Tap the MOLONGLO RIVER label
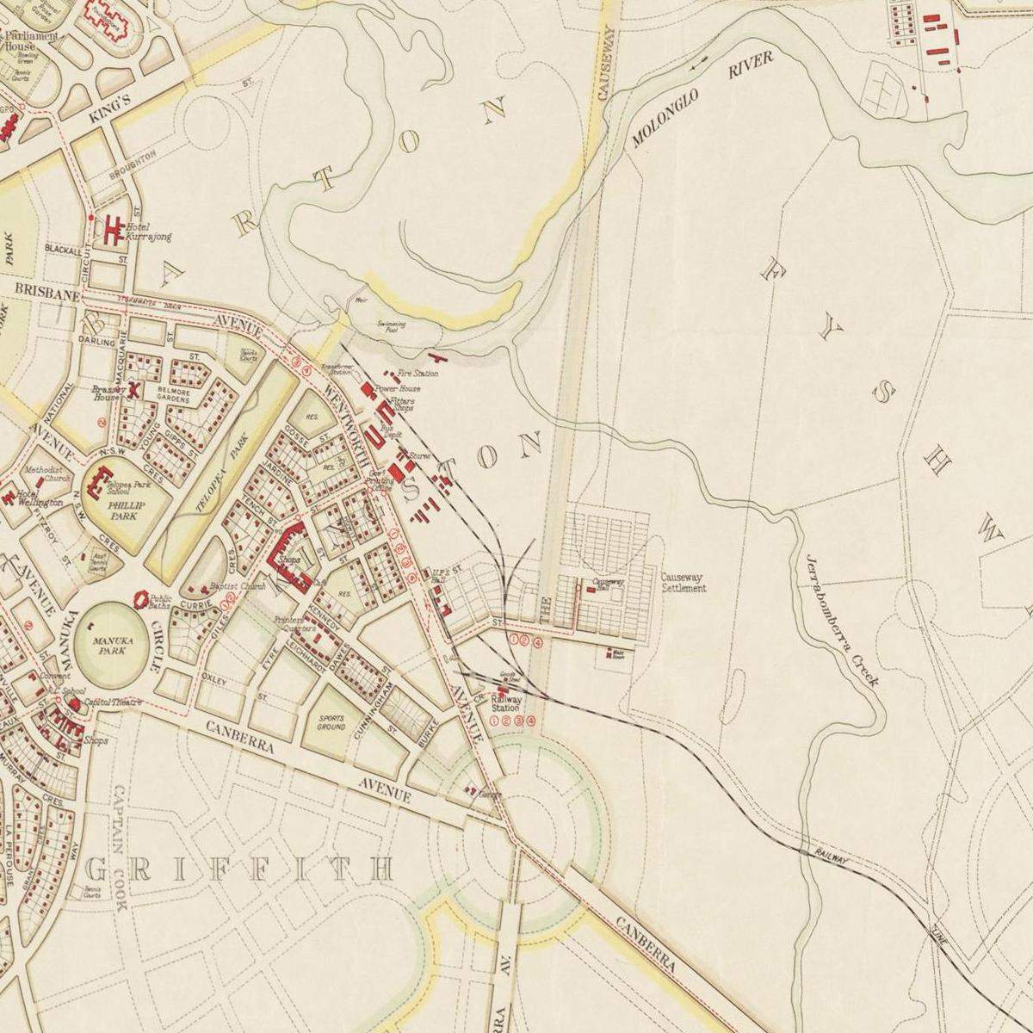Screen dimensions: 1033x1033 pos(702,102)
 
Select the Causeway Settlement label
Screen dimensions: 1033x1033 pos(684,583)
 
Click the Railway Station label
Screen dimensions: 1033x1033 pos(505,704)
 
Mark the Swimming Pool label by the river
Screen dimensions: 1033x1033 pos(391,327)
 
